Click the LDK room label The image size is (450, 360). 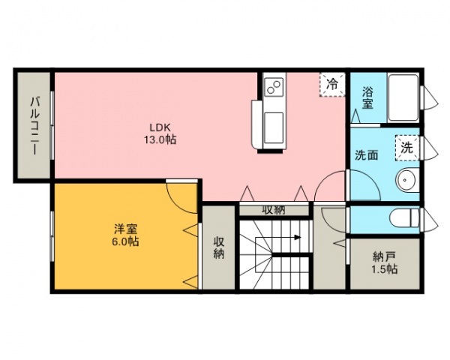pyautogui.click(x=160, y=127)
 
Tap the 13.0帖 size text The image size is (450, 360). pyautogui.click(x=160, y=139)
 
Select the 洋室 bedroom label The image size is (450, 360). pyautogui.click(x=126, y=229)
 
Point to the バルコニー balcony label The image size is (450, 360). pyautogui.click(x=34, y=127)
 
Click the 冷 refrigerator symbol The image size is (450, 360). pyautogui.click(x=332, y=85)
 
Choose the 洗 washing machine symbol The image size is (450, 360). pyautogui.click(x=407, y=148)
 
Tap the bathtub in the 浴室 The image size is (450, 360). pyautogui.click(x=403, y=98)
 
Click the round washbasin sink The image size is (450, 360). pyautogui.click(x=405, y=180)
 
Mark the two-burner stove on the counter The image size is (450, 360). pyautogui.click(x=274, y=87)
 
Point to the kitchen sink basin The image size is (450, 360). pyautogui.click(x=274, y=127)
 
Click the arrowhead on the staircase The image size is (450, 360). pyautogui.click(x=298, y=238)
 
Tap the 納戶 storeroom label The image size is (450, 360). pyautogui.click(x=385, y=256)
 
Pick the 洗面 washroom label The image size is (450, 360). pyautogui.click(x=367, y=155)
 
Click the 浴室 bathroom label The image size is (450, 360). pyautogui.click(x=367, y=97)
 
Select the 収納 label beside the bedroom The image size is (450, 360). pyautogui.click(x=218, y=248)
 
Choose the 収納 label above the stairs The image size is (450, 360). pyautogui.click(x=274, y=210)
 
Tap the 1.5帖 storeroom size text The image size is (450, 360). pyautogui.click(x=385, y=269)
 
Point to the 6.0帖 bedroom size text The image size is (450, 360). pyautogui.click(x=126, y=241)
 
